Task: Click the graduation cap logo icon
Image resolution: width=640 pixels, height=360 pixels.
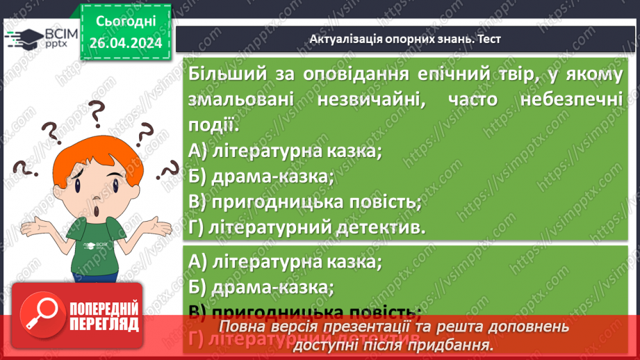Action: [x=22, y=38]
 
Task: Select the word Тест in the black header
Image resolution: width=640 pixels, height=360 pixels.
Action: [x=488, y=39]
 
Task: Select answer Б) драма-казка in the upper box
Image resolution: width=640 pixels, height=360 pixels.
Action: [x=261, y=177]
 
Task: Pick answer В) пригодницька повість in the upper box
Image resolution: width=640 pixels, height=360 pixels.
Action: [x=304, y=202]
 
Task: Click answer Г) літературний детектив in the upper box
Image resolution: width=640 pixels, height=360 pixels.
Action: [x=306, y=227]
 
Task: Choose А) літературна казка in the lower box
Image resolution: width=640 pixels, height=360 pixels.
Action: [x=285, y=262]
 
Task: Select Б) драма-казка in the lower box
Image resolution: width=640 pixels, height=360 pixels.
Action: [x=261, y=286]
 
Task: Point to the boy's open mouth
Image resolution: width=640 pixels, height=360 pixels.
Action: [x=95, y=211]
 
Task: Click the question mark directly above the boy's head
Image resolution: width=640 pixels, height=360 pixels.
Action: [x=95, y=111]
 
